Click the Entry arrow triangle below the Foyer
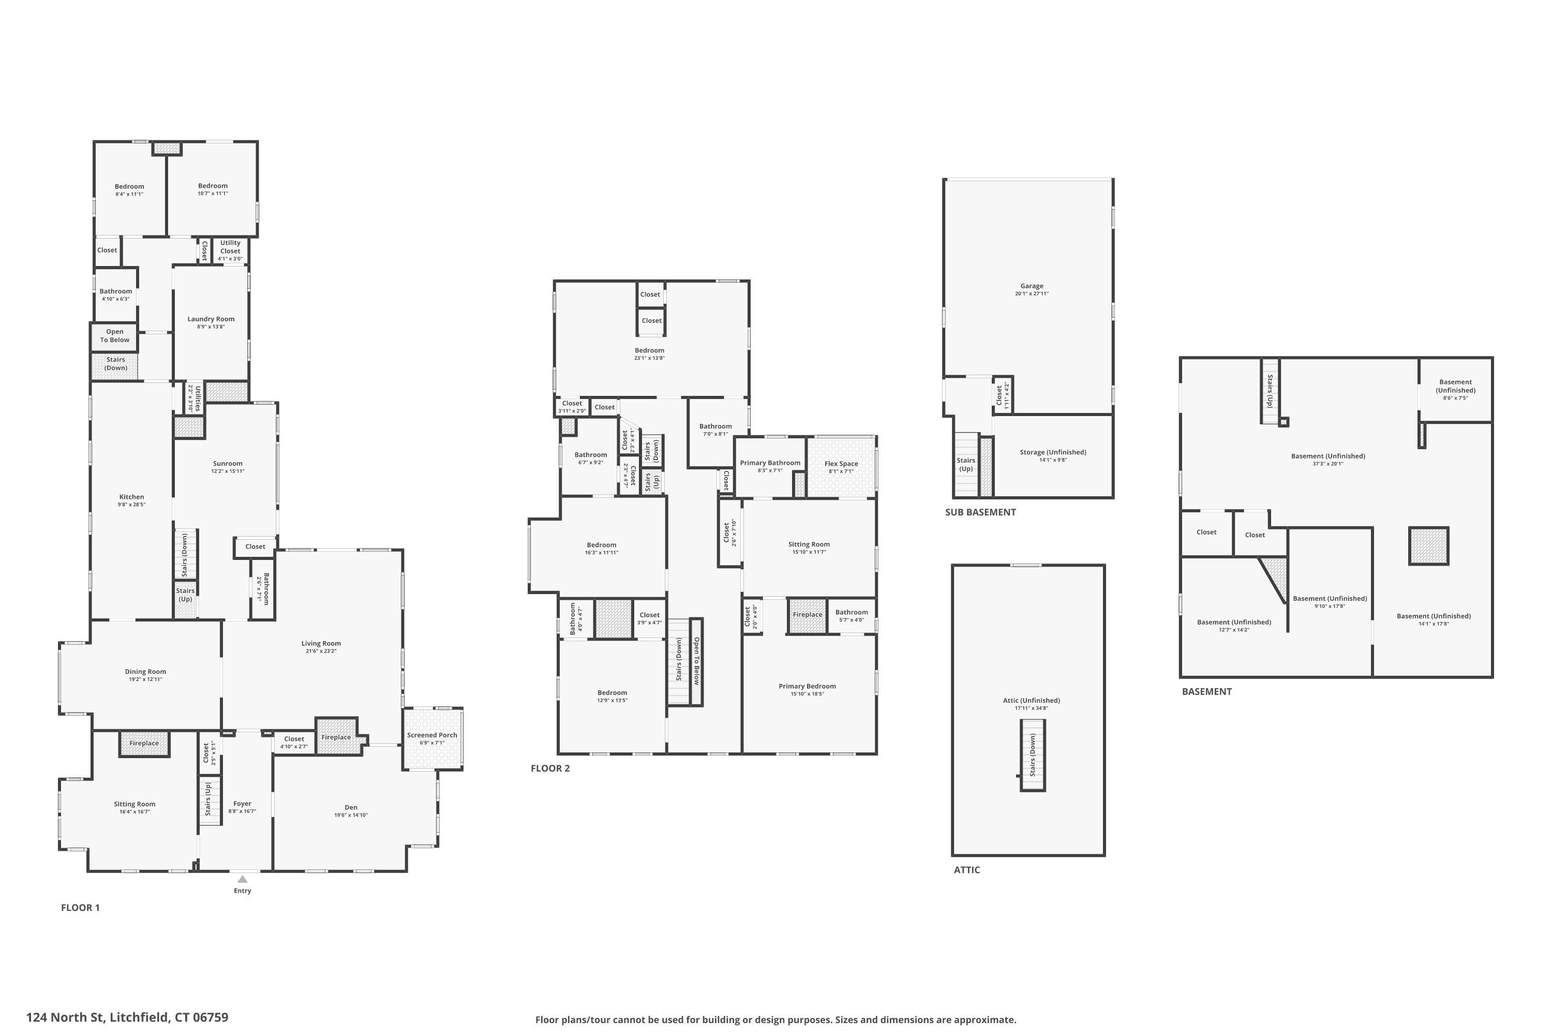(242, 879)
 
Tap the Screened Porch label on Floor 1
(431, 735)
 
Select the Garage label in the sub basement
(1032, 286)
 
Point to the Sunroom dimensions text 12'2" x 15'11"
(228, 471)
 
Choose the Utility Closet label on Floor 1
(230, 246)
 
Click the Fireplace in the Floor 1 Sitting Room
(144, 743)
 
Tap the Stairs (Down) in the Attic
(1032, 755)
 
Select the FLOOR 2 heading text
(549, 768)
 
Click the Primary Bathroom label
(769, 463)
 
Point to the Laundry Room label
(211, 319)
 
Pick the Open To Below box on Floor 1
(115, 336)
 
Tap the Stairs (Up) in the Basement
(1270, 391)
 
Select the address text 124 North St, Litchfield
(127, 1017)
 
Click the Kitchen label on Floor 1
(131, 497)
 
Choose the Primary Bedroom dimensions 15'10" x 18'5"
(807, 694)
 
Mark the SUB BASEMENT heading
(980, 512)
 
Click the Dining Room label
(145, 671)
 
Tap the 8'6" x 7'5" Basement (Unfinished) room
(1455, 390)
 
